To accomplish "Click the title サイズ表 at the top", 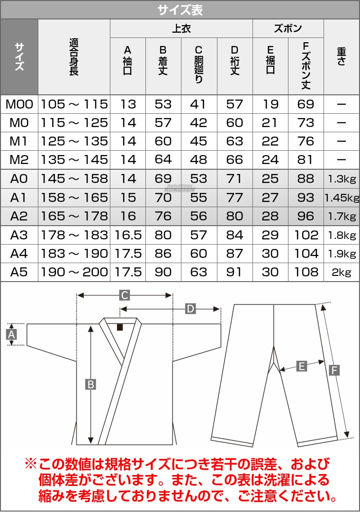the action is [180, 10].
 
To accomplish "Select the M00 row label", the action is [19, 104].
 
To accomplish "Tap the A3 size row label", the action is [19, 235].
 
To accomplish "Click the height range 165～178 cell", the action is [74, 216].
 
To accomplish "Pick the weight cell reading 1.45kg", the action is [342, 198].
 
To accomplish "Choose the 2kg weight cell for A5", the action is [342, 272].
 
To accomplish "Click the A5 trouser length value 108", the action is [306, 272].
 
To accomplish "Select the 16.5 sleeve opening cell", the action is [128, 235].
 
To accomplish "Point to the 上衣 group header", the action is [181, 28].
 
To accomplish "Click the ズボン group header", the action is [288, 28].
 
